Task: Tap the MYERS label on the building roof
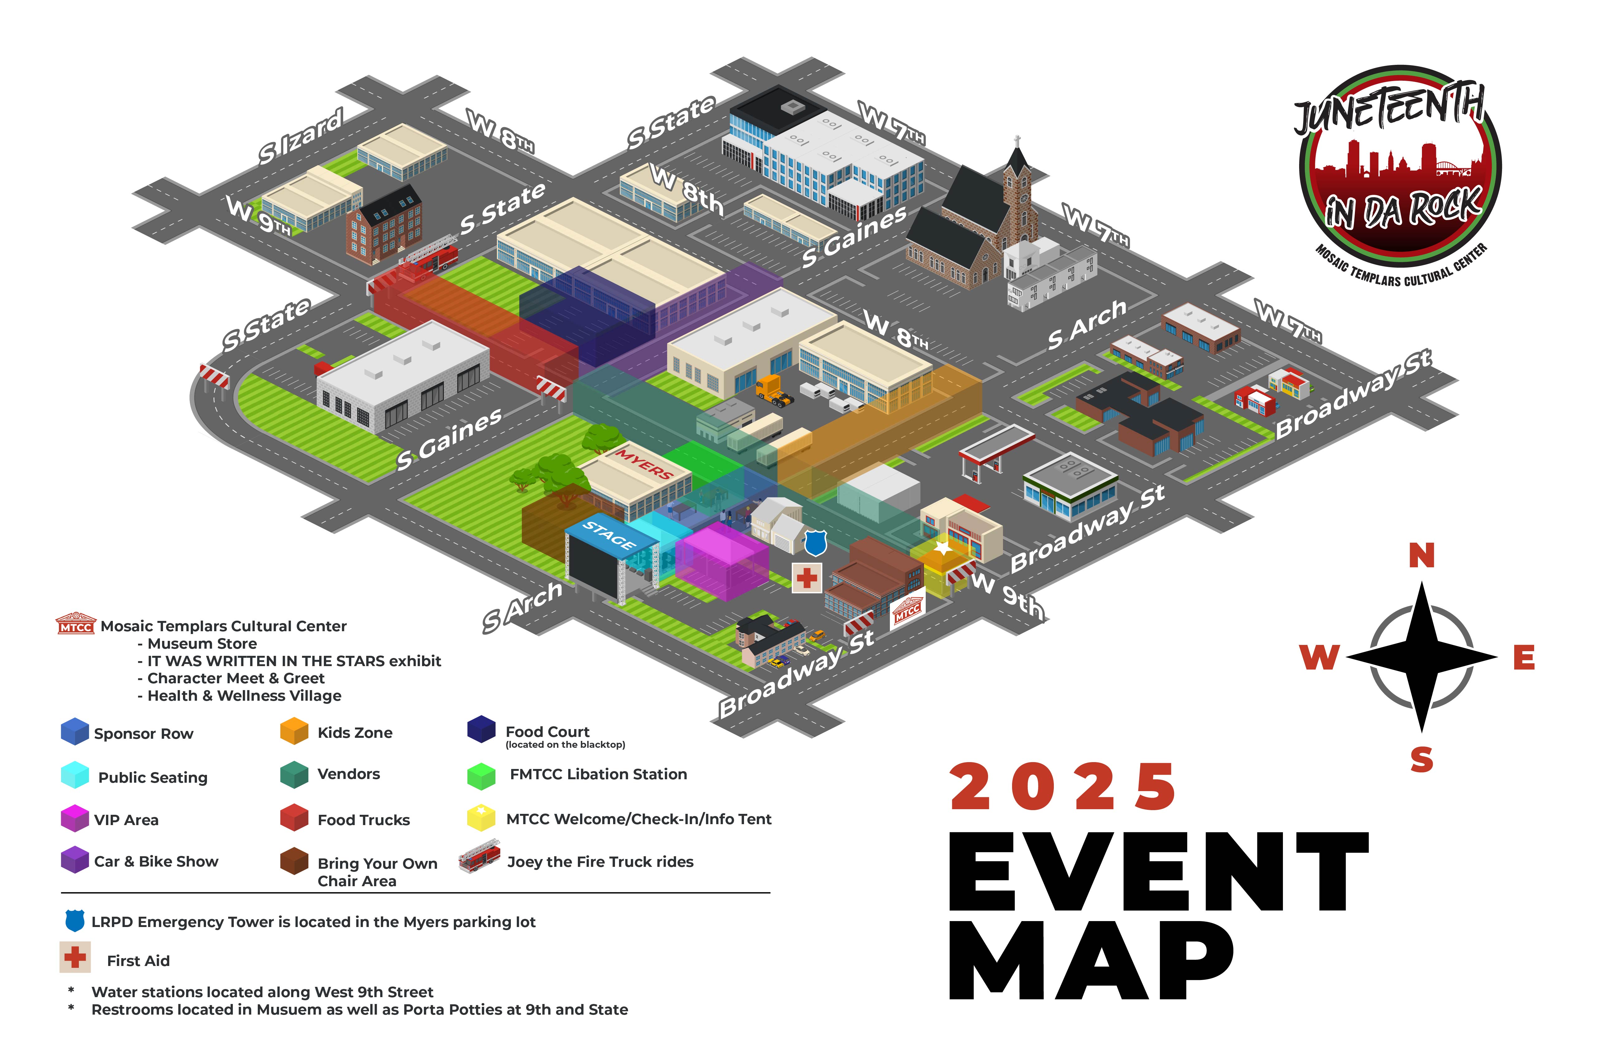pos(643,464)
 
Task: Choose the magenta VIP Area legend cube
pos(74,818)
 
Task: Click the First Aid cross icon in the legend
pos(74,957)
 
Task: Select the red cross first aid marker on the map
pos(807,578)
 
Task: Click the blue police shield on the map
pos(815,542)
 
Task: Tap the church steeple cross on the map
pos(1017,141)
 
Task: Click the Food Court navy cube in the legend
pos(481,729)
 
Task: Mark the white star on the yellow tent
pos(942,546)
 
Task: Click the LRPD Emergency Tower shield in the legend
pos(74,920)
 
